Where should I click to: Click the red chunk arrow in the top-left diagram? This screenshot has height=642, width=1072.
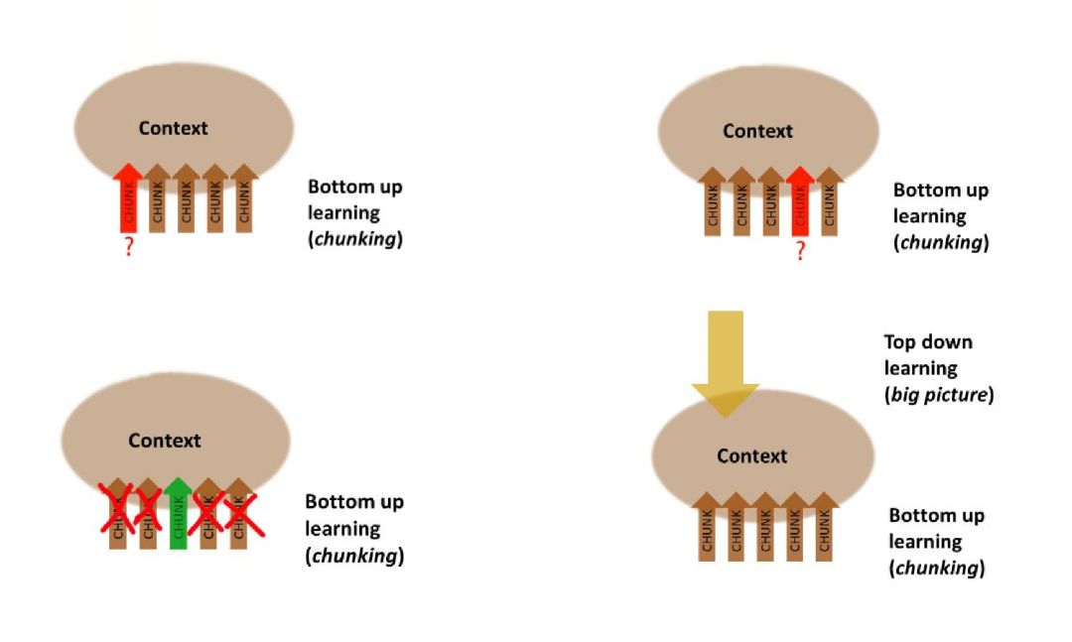(127, 198)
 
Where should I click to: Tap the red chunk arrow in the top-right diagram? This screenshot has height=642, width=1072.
(800, 202)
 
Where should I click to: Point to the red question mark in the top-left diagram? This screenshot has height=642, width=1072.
(128, 248)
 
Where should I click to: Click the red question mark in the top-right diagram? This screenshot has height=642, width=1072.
(800, 251)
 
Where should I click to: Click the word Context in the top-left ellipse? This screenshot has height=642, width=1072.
(174, 128)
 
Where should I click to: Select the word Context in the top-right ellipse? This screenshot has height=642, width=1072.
(757, 131)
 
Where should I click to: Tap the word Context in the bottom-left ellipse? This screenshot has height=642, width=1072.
(165, 441)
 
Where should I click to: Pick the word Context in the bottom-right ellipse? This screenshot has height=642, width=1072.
(751, 456)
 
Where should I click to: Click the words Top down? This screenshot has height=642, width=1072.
(928, 342)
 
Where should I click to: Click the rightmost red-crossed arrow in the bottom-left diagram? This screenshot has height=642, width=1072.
(238, 513)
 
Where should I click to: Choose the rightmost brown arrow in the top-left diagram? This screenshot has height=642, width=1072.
(244, 198)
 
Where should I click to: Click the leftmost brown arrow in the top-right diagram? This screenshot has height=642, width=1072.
(712, 202)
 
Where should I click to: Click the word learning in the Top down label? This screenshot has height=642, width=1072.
(921, 368)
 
